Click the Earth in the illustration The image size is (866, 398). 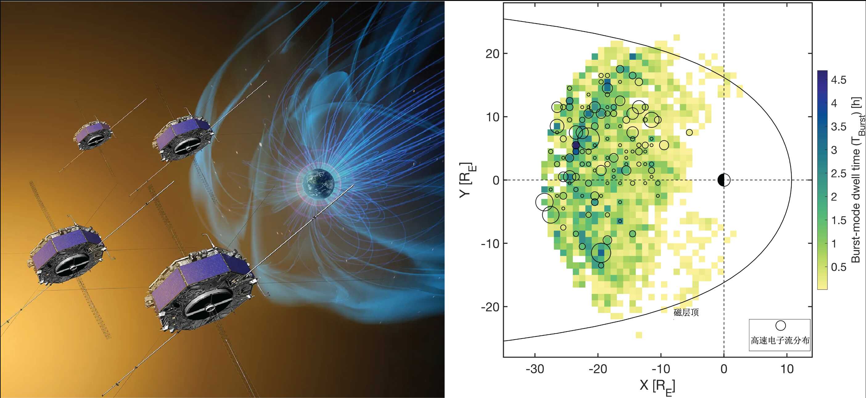318,183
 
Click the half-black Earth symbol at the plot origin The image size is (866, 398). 724,180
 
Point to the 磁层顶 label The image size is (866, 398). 686,312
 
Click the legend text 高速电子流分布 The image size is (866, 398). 780,341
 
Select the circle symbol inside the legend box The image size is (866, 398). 780,325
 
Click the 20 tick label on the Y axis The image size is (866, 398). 492,54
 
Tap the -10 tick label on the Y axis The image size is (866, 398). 490,243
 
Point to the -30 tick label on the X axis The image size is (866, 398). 535,369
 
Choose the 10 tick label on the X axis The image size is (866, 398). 787,369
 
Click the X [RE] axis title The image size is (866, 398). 657,386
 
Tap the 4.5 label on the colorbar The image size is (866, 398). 839,80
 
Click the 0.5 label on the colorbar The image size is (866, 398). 839,267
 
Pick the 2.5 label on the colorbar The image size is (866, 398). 839,174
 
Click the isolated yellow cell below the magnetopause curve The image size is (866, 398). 639,335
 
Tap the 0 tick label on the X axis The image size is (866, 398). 724,369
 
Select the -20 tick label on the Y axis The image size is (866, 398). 490,307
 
